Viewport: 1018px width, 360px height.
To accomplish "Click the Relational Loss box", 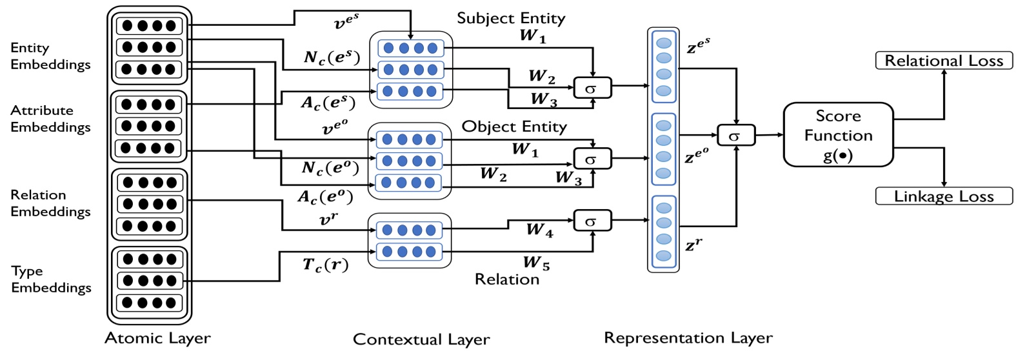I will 943,61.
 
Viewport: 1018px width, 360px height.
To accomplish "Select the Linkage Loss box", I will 943,196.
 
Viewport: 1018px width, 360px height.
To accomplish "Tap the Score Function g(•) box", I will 838,135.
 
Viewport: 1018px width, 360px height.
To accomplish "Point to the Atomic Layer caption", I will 157,338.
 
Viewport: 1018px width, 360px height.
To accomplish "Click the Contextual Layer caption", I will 421,339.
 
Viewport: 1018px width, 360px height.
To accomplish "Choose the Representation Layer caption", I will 688,338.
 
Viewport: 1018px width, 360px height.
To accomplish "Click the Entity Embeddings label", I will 50,56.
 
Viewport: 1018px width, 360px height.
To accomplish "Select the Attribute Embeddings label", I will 50,119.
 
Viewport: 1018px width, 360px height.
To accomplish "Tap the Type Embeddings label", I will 51,279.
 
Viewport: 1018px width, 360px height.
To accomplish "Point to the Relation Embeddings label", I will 50,203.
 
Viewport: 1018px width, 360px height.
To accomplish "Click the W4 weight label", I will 539,230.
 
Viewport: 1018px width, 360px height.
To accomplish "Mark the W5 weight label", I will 536,263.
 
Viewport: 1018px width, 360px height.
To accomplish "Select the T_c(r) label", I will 326,265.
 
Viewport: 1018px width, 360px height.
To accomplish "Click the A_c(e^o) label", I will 325,196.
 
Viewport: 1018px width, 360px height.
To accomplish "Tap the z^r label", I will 694,245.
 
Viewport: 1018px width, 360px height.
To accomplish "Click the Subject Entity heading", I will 511,18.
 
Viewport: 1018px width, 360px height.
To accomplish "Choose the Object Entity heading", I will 514,126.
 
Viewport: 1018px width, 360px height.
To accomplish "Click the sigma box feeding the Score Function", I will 735,135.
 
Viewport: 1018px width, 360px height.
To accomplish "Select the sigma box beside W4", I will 592,221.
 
